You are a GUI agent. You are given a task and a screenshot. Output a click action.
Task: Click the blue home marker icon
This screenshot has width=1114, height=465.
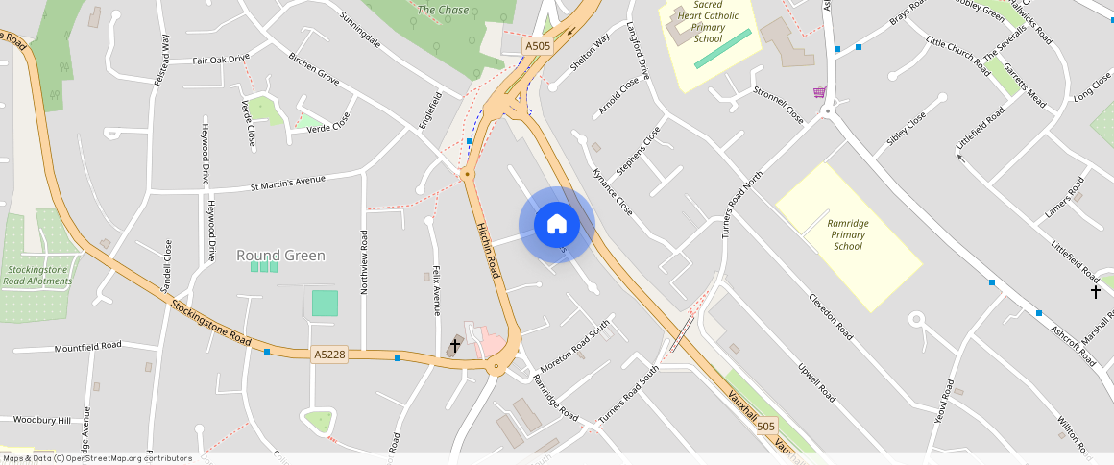point(557,226)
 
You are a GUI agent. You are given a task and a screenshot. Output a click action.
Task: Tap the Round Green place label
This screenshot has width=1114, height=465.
point(280,256)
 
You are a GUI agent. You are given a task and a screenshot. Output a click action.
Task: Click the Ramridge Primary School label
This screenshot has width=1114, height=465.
point(848,234)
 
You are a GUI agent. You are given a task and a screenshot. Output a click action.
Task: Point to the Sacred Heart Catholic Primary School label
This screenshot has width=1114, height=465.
point(708,22)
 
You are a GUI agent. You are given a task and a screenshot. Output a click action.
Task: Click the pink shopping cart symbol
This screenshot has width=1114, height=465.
point(819,92)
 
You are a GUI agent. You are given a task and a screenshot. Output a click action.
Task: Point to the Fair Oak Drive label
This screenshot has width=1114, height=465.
point(221,60)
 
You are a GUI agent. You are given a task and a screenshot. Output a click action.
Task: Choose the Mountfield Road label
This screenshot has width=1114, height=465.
point(87,346)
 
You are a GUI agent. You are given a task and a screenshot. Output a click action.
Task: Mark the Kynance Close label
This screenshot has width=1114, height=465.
point(613,191)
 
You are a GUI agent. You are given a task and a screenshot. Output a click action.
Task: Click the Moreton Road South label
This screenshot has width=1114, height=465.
point(574,347)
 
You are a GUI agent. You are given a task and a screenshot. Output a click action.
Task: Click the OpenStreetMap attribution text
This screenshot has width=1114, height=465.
point(97,458)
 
